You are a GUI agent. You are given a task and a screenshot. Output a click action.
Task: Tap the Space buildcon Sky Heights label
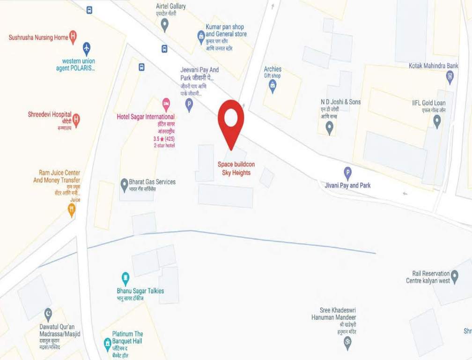pyautogui.click(x=236, y=169)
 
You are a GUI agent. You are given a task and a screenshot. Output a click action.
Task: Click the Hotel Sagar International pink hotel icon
pyautogui.click(x=166, y=103)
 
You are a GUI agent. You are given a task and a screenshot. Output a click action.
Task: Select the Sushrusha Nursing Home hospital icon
pyautogui.click(x=73, y=37)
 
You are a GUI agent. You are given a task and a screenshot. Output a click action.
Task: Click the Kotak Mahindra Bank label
pyautogui.click(x=433, y=66)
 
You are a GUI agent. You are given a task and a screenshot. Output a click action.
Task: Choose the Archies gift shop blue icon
pyautogui.click(x=273, y=85)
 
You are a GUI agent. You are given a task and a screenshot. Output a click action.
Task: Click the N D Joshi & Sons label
pyautogui.click(x=340, y=102)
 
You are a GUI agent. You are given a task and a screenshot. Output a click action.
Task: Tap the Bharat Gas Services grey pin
pyautogui.click(x=124, y=183)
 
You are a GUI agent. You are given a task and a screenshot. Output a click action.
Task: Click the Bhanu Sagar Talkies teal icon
pyautogui.click(x=125, y=277)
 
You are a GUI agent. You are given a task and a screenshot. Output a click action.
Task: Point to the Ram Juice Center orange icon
pyautogui.click(x=72, y=210)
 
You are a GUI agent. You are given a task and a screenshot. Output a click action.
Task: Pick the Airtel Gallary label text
pyautogui.click(x=170, y=7)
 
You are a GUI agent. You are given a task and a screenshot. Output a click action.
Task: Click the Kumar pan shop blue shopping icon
pyautogui.click(x=201, y=35)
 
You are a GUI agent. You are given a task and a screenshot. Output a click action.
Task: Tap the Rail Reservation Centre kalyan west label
pyautogui.click(x=428, y=277)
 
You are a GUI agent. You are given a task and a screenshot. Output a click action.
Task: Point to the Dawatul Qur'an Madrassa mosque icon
pyautogui.click(x=48, y=313)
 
